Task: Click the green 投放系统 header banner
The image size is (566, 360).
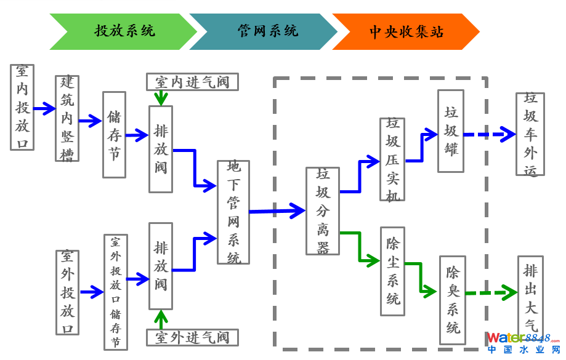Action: point(123,31)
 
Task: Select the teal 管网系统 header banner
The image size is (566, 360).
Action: point(265,31)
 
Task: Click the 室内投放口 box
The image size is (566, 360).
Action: point(22,107)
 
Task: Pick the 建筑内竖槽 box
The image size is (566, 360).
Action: point(67,119)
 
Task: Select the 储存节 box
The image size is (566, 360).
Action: point(114,135)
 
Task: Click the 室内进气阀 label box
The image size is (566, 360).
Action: point(192,82)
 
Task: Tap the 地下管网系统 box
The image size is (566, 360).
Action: point(233,212)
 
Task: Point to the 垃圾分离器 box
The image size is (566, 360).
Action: point(323,211)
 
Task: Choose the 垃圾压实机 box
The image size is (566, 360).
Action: point(392,159)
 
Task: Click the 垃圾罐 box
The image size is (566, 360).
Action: point(451,131)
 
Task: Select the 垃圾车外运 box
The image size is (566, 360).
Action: point(530,134)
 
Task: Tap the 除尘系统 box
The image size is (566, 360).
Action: point(392,271)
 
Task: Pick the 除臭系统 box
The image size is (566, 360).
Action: point(453,300)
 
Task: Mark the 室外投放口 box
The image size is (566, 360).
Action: point(67,292)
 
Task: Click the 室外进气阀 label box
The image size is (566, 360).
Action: point(192,337)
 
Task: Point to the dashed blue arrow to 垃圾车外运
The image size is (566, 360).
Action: point(489,134)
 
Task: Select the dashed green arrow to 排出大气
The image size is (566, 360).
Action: point(491,292)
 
